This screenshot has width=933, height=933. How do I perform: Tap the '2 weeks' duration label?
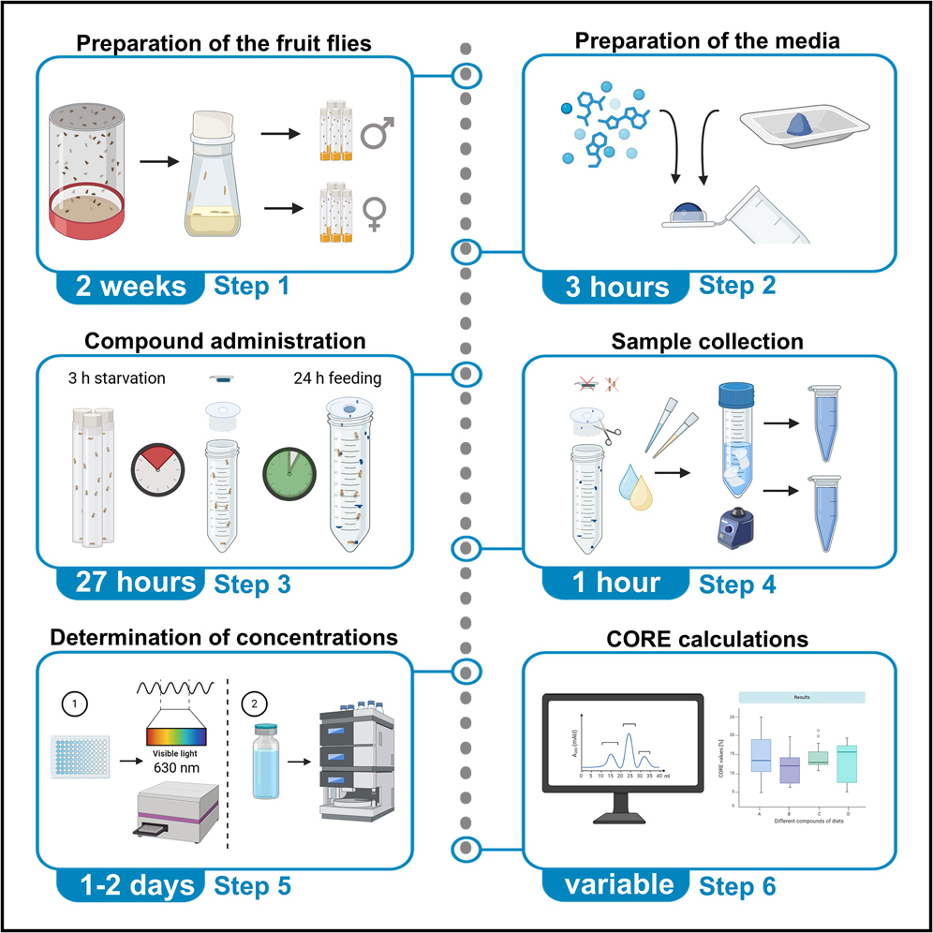coord(131,287)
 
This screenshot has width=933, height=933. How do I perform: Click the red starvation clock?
coord(155,465)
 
